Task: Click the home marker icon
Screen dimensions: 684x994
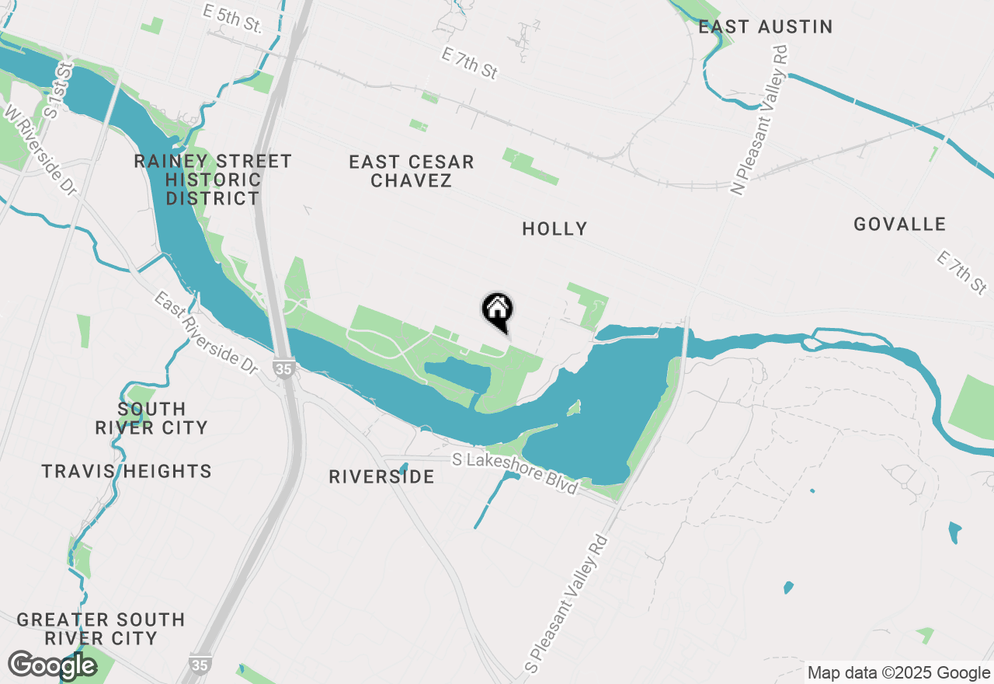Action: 498,309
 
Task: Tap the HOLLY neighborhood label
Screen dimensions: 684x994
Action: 554,229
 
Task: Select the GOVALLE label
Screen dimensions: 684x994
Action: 899,225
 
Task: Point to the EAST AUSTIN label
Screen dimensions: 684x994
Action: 765,27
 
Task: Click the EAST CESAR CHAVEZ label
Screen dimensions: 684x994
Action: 411,171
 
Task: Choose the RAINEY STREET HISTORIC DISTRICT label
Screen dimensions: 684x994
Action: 213,180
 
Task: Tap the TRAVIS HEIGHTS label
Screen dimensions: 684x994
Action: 127,471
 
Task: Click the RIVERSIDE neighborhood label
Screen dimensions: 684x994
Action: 381,476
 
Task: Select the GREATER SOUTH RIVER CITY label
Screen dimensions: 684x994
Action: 101,629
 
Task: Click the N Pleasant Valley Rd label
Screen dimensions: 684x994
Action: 759,120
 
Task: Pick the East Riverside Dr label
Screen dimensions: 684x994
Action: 205,333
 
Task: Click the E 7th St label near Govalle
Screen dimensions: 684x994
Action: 961,272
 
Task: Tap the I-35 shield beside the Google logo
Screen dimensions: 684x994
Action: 199,665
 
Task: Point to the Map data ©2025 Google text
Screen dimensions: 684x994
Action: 898,672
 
